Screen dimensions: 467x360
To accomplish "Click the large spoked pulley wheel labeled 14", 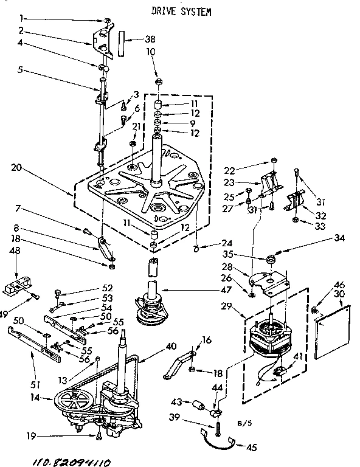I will pos(73,404).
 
